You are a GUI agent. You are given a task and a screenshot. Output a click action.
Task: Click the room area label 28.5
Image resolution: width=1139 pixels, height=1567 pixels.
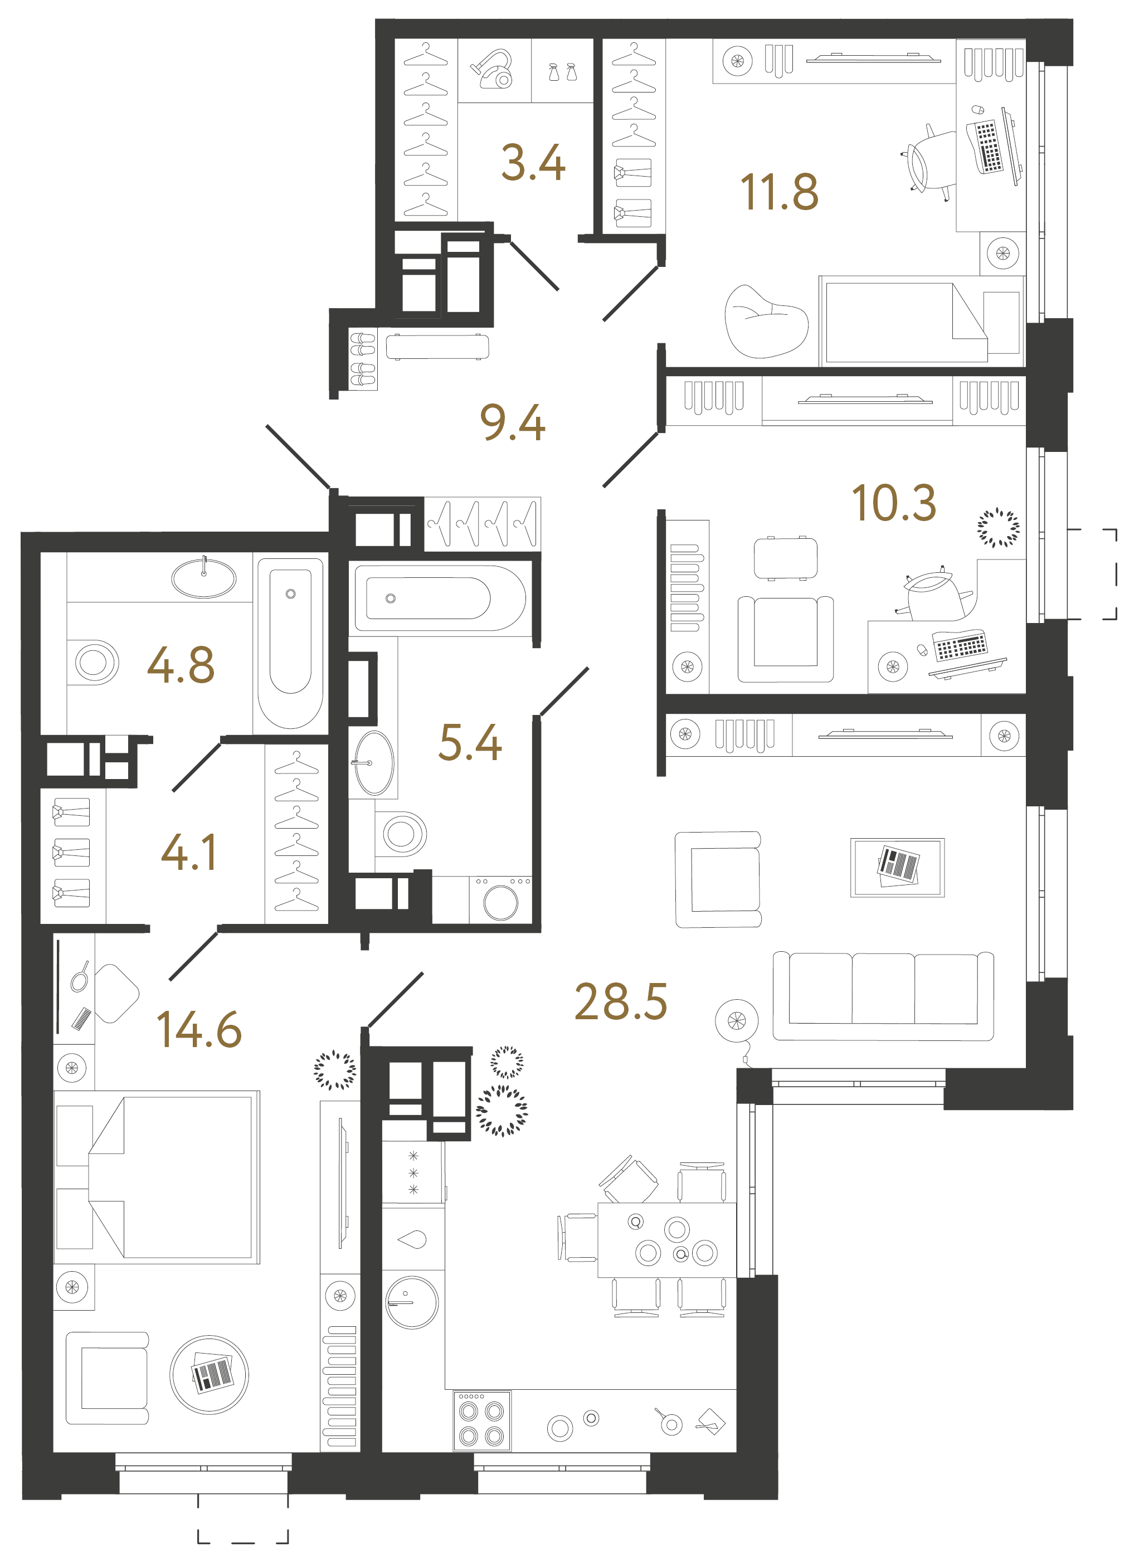pos(620,1002)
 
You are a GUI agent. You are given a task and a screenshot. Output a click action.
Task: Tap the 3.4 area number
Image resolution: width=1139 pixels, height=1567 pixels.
pos(533,163)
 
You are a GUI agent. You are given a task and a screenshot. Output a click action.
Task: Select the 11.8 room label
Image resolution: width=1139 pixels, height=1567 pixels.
pos(778,192)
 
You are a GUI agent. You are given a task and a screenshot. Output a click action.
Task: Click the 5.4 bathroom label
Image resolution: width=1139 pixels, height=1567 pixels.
pos(470,743)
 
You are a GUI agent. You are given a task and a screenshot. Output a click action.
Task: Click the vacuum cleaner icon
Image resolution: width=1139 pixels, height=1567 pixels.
pos(493,69)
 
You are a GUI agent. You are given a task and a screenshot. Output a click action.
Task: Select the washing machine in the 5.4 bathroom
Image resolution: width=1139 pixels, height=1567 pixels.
pos(500,902)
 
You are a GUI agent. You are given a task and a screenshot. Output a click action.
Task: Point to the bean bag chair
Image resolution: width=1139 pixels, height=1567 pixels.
pos(765,323)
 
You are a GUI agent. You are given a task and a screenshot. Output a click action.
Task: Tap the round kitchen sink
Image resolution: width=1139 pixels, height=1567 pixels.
pos(411,1302)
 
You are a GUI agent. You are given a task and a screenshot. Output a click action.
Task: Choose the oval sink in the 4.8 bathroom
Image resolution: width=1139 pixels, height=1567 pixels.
pos(204,578)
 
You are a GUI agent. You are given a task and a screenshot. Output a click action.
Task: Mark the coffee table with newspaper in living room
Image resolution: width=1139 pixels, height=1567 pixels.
pos(897,867)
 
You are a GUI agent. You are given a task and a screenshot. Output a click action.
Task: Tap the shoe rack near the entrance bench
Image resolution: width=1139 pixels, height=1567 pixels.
pos(362,358)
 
